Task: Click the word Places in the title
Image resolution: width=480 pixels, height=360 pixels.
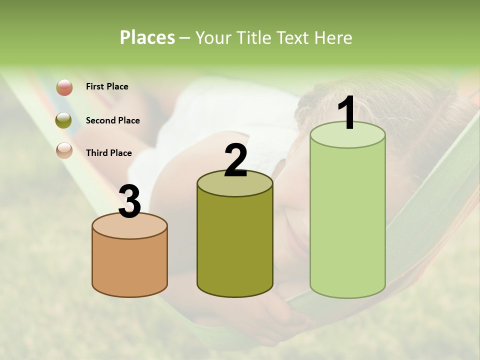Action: tap(147, 37)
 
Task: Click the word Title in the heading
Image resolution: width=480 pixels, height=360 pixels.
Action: tap(252, 37)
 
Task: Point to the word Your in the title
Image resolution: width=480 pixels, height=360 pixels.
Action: tap(213, 37)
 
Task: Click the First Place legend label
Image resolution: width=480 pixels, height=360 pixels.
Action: tap(107, 86)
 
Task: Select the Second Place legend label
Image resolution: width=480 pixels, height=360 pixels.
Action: tap(112, 120)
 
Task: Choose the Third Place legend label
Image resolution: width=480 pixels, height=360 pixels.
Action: tap(108, 153)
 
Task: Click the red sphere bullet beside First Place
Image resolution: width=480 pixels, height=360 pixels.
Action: tap(64, 87)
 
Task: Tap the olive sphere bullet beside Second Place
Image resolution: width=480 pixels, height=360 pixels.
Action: tap(64, 120)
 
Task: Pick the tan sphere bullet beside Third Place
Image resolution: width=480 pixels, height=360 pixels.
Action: tap(64, 150)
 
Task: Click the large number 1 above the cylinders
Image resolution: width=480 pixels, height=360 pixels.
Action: tap(346, 114)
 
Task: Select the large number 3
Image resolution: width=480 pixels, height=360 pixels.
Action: tap(129, 201)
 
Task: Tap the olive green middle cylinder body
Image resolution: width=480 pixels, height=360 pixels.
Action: tap(235, 245)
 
